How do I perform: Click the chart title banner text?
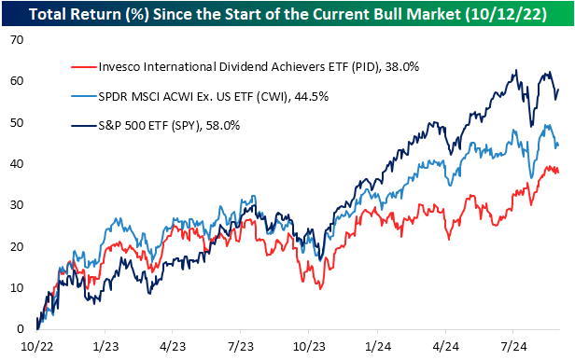(287, 14)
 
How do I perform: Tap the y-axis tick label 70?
(17, 39)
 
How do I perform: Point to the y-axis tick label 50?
(17, 122)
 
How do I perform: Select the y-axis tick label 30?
(17, 205)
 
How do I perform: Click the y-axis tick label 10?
(17, 287)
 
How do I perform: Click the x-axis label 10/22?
(37, 346)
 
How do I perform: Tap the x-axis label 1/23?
(105, 346)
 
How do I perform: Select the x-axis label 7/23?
(241, 346)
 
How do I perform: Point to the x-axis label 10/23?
(309, 346)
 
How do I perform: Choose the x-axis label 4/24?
(445, 346)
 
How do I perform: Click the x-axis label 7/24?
(513, 346)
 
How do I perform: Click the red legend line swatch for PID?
(84, 67)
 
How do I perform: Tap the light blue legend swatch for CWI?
(84, 96)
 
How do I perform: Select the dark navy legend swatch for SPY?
(84, 126)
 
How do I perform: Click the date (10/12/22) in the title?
(507, 15)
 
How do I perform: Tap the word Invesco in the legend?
(119, 66)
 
